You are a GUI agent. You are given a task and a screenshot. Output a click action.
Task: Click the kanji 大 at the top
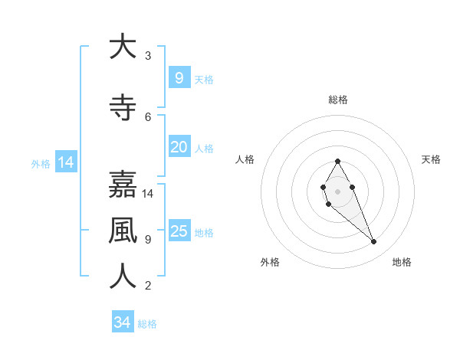tap(122, 47)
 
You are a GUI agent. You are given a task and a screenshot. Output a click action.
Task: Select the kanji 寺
tap(122, 108)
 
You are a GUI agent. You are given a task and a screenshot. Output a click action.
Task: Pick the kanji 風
tap(122, 231)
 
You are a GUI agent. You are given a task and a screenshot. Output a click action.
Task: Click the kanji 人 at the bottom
tap(122, 277)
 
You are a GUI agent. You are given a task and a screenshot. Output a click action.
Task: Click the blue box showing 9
tap(179, 77)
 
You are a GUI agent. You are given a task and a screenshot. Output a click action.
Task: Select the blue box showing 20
tap(179, 147)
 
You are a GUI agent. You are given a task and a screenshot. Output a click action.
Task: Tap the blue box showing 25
tap(179, 231)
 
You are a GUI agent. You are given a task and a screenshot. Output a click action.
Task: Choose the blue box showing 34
tap(122, 322)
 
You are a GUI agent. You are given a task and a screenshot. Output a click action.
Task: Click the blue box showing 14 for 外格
tap(65, 162)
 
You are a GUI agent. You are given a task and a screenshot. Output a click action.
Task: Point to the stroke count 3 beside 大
tap(148, 56)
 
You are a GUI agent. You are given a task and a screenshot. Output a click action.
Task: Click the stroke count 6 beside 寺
tap(148, 117)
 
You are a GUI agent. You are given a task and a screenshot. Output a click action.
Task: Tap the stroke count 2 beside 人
tap(148, 286)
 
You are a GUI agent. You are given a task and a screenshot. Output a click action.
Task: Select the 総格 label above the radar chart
tap(337, 100)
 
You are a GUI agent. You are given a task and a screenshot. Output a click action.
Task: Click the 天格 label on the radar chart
tap(431, 159)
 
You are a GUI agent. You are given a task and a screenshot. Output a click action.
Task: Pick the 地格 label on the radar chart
tap(402, 262)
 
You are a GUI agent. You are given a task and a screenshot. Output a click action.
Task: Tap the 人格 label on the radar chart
tap(245, 159)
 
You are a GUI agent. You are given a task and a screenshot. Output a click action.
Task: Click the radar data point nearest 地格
tap(373, 242)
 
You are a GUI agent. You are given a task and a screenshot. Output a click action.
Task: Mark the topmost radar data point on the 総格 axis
tap(337, 161)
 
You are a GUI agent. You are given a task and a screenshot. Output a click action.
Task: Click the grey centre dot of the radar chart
tap(337, 191)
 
